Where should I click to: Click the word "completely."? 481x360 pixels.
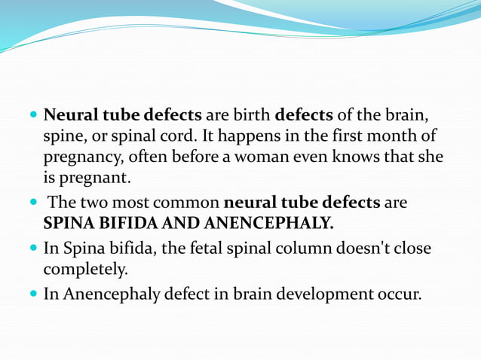tap(84, 269)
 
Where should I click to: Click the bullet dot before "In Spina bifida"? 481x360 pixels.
tap(33, 248)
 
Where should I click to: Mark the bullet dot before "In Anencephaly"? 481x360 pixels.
tap(33, 292)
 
